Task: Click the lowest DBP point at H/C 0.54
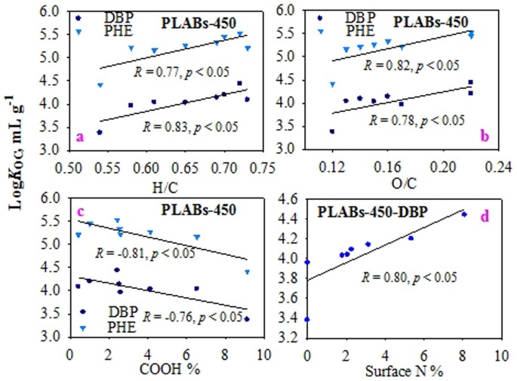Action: pos(100,132)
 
